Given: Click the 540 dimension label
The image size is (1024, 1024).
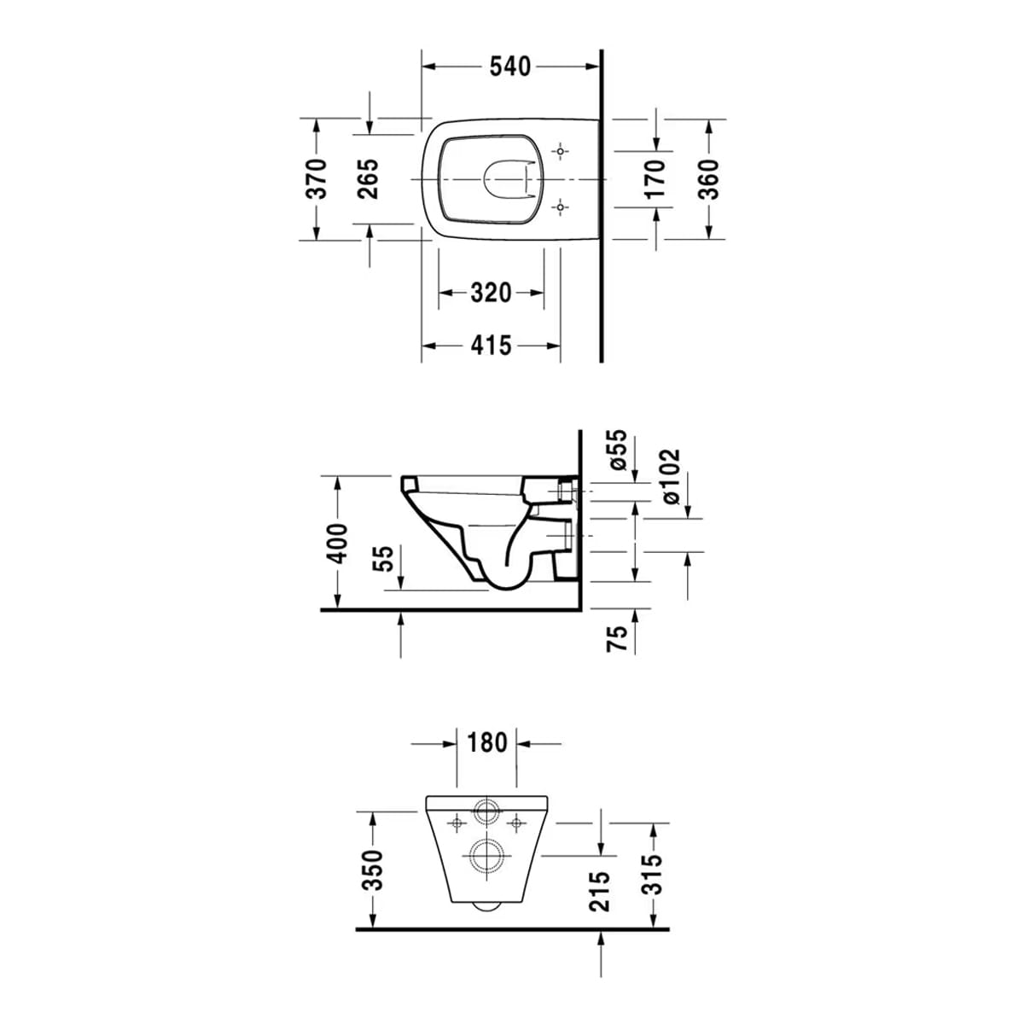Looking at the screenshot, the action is (x=509, y=67).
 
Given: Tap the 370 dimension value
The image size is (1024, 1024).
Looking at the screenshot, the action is (x=317, y=178).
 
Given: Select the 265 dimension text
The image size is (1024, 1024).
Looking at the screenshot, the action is (x=368, y=178).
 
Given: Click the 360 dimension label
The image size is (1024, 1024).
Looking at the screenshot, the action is (x=707, y=179).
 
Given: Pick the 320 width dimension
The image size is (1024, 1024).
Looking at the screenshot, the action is (x=491, y=293).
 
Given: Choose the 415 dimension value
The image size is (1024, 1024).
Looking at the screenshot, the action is (x=491, y=346).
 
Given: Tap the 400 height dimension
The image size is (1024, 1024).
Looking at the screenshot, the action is (x=337, y=543).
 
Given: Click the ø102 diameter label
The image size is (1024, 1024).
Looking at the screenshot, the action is (x=672, y=476).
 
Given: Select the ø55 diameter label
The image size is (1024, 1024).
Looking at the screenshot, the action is (x=618, y=450).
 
